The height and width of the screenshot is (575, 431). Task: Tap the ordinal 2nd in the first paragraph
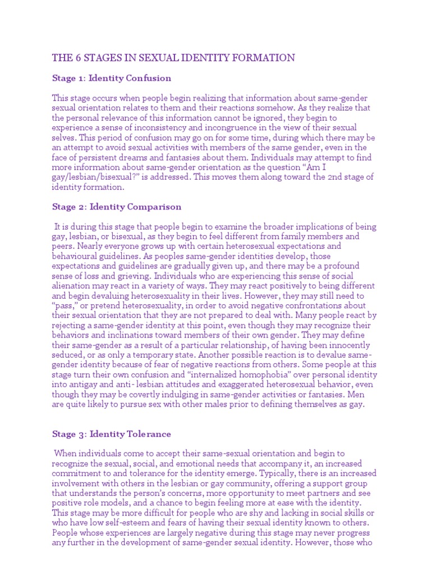(x=320, y=177)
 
